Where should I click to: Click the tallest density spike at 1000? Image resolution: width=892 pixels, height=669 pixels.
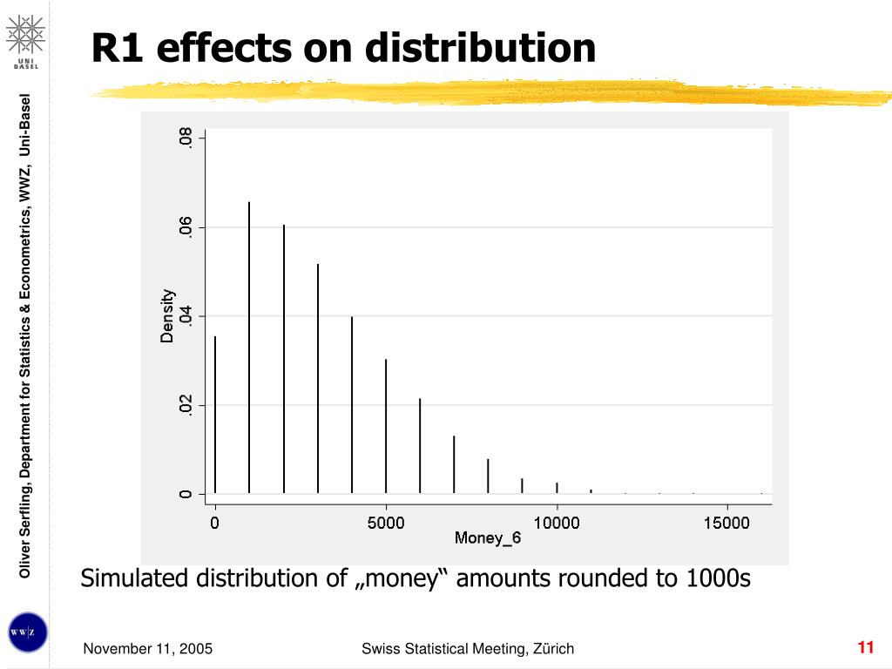(x=249, y=348)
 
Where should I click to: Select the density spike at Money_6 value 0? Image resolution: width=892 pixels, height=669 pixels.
(x=215, y=415)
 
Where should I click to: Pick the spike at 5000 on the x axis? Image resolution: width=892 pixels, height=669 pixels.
(x=386, y=426)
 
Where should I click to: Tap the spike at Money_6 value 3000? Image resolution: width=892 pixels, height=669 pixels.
(x=317, y=378)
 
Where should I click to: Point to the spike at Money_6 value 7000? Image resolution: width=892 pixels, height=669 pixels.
(x=454, y=464)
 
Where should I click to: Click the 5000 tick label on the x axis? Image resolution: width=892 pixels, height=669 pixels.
(x=386, y=523)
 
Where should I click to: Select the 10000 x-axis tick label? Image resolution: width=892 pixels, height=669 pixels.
(x=557, y=523)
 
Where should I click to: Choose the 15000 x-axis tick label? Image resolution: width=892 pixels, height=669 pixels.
(x=726, y=523)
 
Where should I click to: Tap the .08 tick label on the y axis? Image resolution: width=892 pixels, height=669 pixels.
(x=186, y=139)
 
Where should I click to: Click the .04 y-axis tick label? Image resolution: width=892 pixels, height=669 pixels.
(x=186, y=316)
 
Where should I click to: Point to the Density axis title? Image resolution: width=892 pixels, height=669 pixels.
(x=166, y=315)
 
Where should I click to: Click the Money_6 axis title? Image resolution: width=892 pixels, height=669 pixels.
(x=488, y=538)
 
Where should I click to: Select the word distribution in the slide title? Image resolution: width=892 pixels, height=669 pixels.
(x=480, y=47)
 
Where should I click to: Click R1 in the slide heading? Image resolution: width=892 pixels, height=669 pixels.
(x=117, y=48)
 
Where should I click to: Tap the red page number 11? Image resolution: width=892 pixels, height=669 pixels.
(x=865, y=647)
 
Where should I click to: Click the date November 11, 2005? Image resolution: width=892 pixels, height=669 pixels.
(x=148, y=648)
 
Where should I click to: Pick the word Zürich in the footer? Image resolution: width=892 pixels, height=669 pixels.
(x=553, y=648)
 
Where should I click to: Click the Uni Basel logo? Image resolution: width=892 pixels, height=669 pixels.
(x=25, y=42)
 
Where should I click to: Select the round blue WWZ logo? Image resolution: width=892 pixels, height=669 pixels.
(x=27, y=632)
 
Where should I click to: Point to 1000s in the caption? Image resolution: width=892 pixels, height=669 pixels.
(x=719, y=578)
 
